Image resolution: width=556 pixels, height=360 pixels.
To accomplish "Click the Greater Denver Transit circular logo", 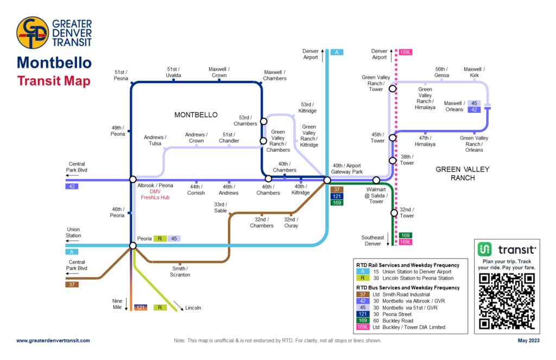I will [x=33, y=34].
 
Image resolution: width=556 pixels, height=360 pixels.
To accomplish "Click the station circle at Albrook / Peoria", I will [x=132, y=179].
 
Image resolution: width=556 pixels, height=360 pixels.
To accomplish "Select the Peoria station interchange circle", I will [x=132, y=246].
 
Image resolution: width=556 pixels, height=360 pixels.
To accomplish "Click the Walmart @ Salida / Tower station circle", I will [x=376, y=180].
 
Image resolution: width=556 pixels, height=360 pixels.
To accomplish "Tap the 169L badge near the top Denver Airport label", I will [x=405, y=52].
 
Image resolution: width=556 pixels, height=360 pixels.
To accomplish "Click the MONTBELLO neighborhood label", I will [x=195, y=115].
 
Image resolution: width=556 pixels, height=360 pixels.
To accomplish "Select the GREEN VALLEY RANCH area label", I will [x=463, y=174].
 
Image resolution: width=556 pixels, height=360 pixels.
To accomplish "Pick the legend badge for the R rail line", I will [x=361, y=278].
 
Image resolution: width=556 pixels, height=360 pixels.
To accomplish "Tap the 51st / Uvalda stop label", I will [x=174, y=72].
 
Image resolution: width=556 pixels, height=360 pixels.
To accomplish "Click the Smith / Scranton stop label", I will [x=180, y=271].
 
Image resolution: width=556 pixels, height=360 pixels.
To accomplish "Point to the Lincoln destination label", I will [x=193, y=308].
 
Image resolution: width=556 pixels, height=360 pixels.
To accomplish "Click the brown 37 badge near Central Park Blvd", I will [x=72, y=285].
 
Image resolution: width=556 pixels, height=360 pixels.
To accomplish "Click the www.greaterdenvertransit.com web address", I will [x=53, y=340].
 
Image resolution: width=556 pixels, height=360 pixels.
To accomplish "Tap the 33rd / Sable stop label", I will [x=220, y=207].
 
